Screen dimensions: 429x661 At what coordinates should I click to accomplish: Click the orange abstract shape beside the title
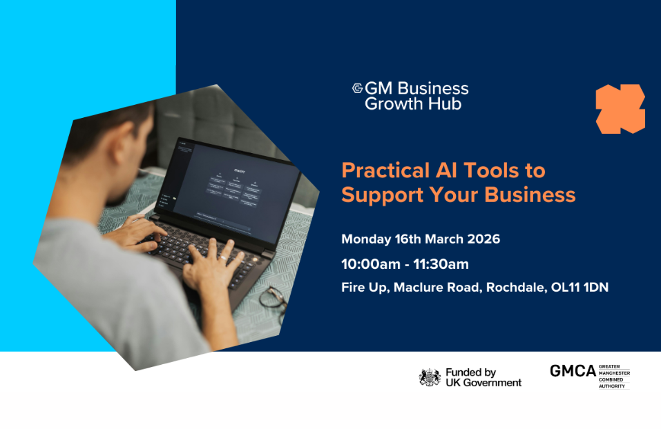(x=620, y=108)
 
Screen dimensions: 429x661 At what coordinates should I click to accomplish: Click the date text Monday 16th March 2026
(x=420, y=240)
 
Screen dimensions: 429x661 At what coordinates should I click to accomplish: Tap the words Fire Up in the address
(x=364, y=288)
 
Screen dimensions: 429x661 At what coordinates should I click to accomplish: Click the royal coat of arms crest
(x=430, y=377)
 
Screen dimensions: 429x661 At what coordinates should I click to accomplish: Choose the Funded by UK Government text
(x=483, y=377)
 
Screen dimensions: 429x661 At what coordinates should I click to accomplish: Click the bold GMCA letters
(x=573, y=371)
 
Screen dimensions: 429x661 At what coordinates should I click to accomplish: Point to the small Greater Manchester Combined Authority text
(x=614, y=377)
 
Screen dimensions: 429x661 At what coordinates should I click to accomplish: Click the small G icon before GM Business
(x=357, y=88)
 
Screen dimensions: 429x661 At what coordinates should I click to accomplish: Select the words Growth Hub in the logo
(x=413, y=104)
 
